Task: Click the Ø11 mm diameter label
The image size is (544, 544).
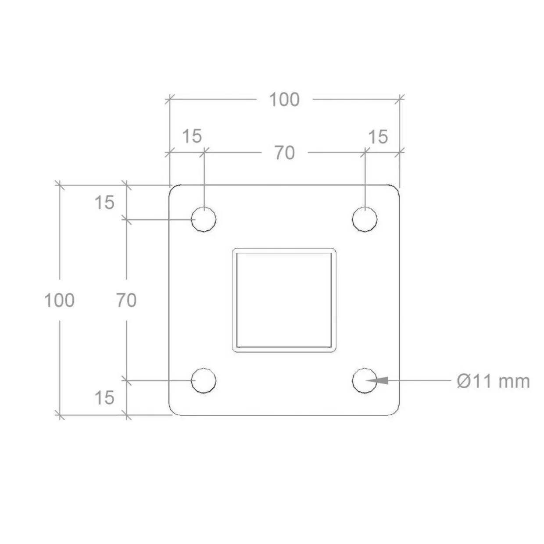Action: point(493,381)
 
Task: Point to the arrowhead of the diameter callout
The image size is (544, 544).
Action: point(377,380)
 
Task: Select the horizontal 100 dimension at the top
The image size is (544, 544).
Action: point(284,100)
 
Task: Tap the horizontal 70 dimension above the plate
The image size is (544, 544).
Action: point(285,153)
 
